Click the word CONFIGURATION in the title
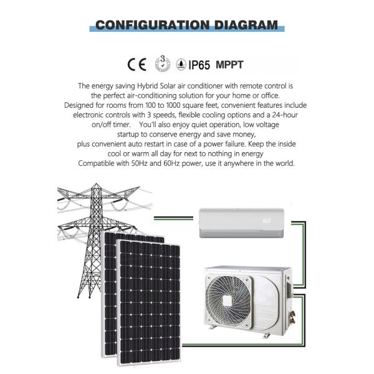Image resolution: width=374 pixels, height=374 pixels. (x=153, y=25)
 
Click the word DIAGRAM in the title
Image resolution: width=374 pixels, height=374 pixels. (x=246, y=25)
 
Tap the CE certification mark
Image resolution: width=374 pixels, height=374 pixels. (x=137, y=65)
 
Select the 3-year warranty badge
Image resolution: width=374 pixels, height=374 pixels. (x=163, y=64)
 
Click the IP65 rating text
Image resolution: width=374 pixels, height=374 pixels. (x=199, y=65)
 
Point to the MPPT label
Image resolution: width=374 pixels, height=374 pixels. (x=229, y=65)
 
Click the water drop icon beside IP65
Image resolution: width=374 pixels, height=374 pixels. (x=181, y=64)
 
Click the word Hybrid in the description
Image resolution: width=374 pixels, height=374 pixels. (x=147, y=86)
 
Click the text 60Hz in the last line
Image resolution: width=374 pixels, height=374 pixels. (x=171, y=163)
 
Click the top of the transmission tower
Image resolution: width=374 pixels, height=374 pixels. (x=96, y=184)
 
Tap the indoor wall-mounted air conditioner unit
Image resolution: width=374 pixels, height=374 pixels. (x=242, y=223)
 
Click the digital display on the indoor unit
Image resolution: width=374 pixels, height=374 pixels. (x=267, y=221)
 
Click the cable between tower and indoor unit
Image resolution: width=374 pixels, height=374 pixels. (x=173, y=218)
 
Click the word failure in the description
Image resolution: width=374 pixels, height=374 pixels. (x=235, y=144)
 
